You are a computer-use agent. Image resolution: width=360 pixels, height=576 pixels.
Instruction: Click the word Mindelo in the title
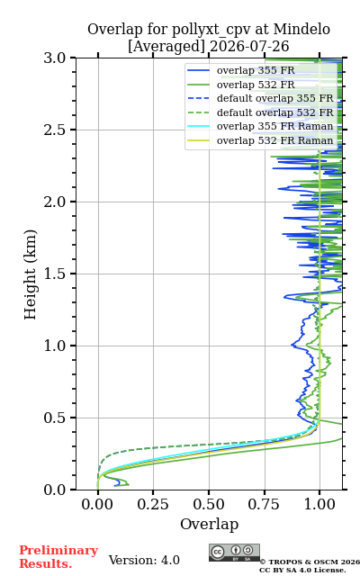point(301,29)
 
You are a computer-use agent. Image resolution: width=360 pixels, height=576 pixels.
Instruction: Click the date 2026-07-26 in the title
point(249,46)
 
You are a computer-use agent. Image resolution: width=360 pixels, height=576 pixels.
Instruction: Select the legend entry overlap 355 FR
point(256,70)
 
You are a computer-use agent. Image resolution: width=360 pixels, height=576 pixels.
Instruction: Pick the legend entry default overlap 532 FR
point(274,112)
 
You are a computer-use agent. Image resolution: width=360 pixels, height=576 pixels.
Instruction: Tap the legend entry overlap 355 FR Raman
point(274,126)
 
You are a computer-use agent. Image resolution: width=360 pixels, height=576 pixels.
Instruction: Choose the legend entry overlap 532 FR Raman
point(274,140)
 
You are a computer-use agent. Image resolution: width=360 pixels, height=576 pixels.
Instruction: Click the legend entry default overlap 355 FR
point(274,98)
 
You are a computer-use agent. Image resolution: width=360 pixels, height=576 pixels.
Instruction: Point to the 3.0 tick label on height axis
point(55,58)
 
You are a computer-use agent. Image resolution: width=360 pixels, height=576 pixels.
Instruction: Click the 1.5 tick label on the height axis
point(55,274)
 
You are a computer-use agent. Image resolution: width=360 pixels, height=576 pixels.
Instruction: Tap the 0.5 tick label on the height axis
point(55,418)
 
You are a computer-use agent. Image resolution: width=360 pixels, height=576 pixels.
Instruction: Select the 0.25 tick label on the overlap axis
point(153,504)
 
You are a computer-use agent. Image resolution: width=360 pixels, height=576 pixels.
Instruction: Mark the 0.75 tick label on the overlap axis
point(264,504)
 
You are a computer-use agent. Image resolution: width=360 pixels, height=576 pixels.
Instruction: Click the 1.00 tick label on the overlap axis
point(319,504)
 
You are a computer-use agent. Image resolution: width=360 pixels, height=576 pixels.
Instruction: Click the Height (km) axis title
point(30,274)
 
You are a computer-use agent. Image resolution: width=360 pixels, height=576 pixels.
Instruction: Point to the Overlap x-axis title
point(210,524)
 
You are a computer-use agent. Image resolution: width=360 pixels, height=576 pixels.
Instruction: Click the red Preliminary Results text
point(58,557)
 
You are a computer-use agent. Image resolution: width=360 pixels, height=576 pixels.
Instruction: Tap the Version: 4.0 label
point(144,560)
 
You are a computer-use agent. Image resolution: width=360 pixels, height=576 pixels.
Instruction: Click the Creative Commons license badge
point(234,553)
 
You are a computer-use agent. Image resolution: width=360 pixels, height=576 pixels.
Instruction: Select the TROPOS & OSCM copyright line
point(310,562)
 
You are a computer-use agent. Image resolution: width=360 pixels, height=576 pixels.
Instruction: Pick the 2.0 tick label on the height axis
point(55,202)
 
